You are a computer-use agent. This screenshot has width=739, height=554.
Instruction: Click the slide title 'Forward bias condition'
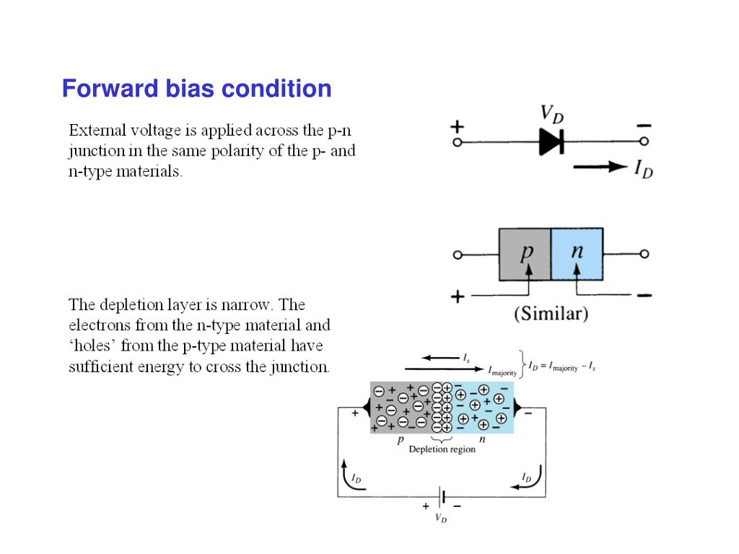[x=196, y=89]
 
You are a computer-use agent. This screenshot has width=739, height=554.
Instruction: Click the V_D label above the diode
[x=552, y=114]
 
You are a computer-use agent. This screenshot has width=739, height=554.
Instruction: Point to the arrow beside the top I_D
[x=600, y=167]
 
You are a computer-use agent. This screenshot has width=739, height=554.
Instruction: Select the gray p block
[x=525, y=254]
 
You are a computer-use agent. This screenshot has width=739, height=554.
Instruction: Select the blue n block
[x=577, y=254]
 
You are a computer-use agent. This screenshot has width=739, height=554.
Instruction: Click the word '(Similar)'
[x=551, y=315]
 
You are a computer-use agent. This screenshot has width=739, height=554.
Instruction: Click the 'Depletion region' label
[x=442, y=449]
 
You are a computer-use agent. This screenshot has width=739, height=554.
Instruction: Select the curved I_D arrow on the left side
[x=348, y=477]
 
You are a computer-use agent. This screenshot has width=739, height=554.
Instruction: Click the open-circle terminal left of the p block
[x=458, y=255]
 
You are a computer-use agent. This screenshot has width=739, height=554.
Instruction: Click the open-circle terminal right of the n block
[x=644, y=254]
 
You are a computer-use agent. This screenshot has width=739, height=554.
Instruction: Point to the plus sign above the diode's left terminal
[x=457, y=126]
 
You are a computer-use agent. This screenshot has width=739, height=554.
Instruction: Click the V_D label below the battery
[x=440, y=518]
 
